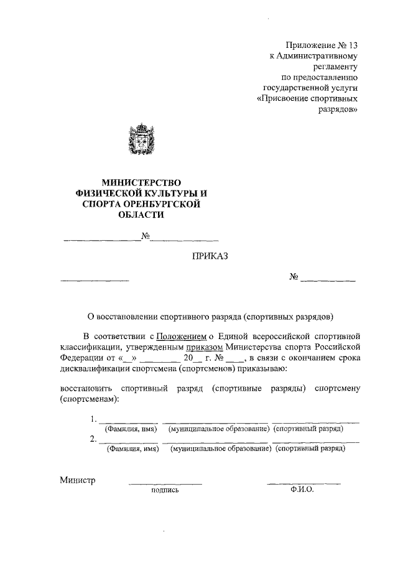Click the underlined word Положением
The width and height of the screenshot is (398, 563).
[180, 336]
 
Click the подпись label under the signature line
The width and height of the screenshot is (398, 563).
[165, 490]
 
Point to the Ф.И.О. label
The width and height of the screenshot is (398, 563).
[303, 490]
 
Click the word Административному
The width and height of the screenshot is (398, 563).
[318, 56]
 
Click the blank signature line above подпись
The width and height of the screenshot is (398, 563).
[165, 482]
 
